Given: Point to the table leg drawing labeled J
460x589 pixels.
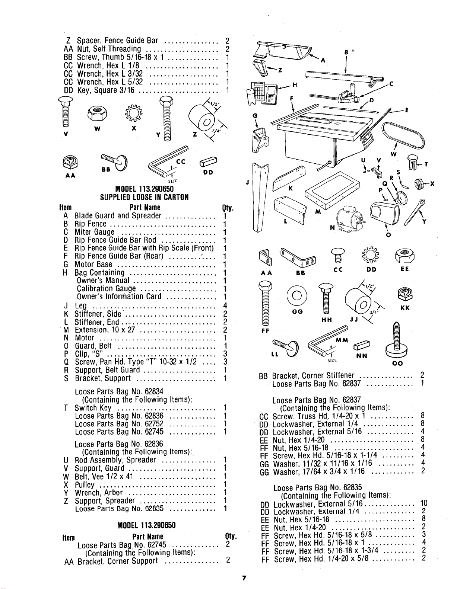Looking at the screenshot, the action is click(259, 198).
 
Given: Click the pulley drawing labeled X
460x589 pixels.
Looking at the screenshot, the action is click(419, 184).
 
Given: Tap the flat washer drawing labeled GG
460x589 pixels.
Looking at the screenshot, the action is click(297, 295).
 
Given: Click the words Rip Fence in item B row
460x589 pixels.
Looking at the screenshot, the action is click(91, 224).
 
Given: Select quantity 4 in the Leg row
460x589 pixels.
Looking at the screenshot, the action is click(225, 305).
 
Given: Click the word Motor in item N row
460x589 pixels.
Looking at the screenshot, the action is click(85, 338).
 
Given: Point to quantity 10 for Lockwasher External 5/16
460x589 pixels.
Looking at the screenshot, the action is click(423, 503).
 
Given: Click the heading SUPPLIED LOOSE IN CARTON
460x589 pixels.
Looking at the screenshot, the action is click(144, 197).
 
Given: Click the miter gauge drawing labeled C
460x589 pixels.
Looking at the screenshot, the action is click(348, 95).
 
